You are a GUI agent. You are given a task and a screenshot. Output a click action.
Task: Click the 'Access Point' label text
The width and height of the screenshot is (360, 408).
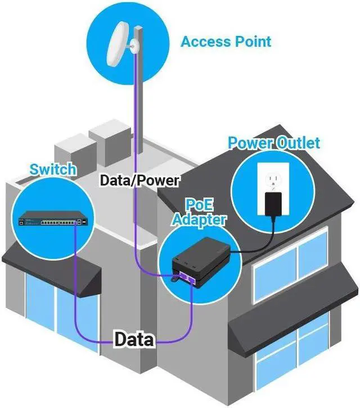(x=226, y=42)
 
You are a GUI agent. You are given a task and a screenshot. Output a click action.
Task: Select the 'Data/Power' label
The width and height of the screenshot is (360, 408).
(x=139, y=180)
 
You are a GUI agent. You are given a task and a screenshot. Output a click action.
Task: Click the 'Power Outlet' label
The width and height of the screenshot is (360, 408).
(x=273, y=142)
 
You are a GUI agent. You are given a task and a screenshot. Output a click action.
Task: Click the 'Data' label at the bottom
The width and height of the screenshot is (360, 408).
(x=134, y=339)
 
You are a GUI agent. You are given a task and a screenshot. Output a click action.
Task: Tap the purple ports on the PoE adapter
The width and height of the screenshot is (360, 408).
(x=188, y=276)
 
